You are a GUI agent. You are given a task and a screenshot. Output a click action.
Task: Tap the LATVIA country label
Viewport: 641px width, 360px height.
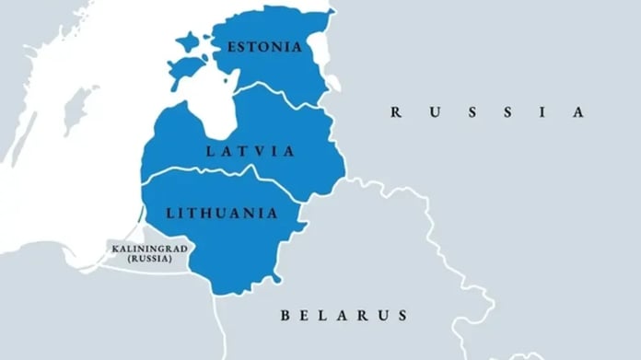coord(251,150)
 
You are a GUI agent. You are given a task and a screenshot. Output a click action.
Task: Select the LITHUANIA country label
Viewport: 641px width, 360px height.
coord(221,213)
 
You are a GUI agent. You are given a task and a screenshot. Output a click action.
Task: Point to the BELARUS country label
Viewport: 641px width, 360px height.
coord(344,316)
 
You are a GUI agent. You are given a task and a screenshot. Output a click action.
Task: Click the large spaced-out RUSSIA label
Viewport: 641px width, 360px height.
coord(487,112)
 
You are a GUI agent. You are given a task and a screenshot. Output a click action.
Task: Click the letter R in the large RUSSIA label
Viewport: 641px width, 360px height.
coord(396,112)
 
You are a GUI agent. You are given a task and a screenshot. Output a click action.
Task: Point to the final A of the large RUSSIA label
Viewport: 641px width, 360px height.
coord(578,112)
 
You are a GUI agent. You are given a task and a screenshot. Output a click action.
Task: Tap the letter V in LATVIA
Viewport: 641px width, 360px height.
coord(263,150)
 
